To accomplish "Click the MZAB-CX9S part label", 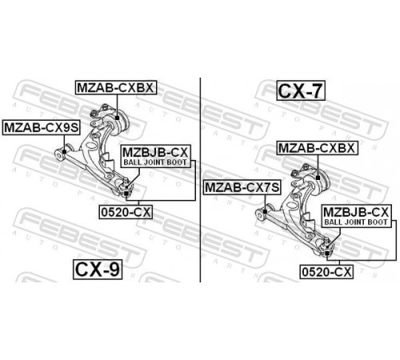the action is (x=42, y=128).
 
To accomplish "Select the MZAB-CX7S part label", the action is (x=242, y=187).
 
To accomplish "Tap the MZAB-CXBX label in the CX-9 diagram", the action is (x=116, y=87).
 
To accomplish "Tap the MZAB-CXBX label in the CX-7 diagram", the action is (x=317, y=148).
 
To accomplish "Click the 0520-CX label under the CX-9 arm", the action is (x=126, y=212).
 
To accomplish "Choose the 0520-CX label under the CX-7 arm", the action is (x=326, y=272).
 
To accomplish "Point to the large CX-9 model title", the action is (x=98, y=270).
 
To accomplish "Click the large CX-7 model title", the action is (x=301, y=90).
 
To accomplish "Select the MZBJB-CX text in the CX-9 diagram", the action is (x=155, y=153).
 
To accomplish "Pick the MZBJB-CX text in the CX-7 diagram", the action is (x=356, y=212).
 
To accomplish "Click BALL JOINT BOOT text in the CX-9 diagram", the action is (x=155, y=162).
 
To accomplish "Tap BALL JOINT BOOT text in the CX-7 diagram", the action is (x=356, y=222).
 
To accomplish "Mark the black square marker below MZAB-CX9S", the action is (x=64, y=152).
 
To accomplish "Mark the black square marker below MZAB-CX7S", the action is (x=265, y=212).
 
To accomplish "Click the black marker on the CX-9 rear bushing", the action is (x=117, y=118).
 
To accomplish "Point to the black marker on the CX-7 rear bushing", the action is (x=318, y=178).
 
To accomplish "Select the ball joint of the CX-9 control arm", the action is (x=126, y=189).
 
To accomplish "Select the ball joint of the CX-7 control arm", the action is (x=327, y=249).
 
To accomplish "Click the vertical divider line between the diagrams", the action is (x=200, y=180).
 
